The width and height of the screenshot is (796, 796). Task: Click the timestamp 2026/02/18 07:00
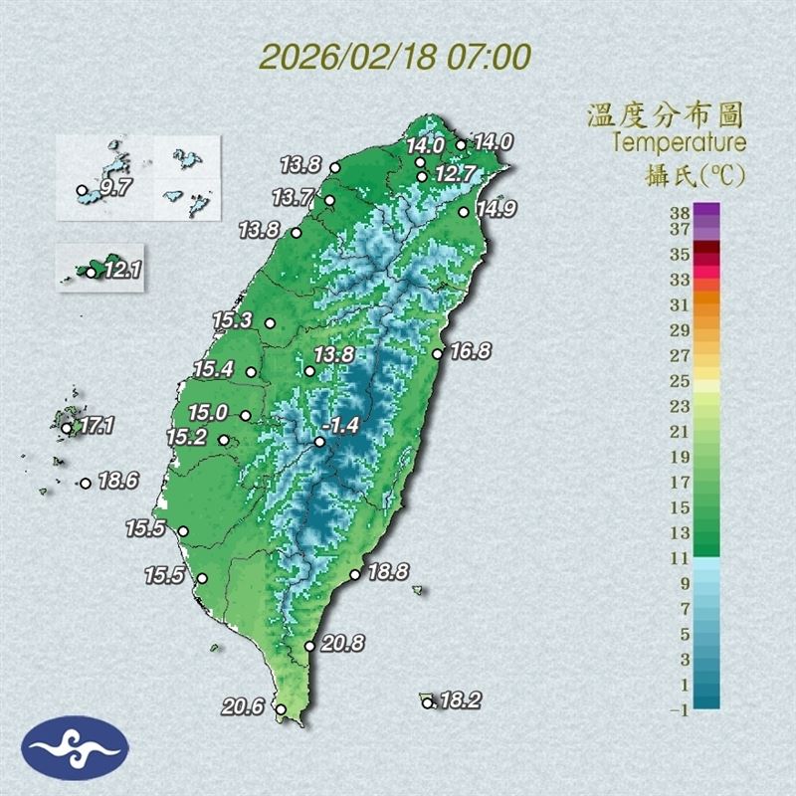[x=395, y=55]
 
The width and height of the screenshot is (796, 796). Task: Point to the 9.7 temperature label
[x=115, y=186]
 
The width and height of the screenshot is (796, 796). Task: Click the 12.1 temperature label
[x=121, y=269]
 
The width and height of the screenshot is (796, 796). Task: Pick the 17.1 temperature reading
[x=97, y=426]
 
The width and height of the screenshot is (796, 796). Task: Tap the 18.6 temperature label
[x=117, y=482]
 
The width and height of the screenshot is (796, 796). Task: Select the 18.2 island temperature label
[x=460, y=700]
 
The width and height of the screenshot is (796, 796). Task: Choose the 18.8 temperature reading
[x=388, y=572]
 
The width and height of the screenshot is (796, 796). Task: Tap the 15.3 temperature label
[x=233, y=320]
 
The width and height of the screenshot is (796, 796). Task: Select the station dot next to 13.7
[x=329, y=200]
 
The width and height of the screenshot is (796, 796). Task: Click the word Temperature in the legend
[x=679, y=142]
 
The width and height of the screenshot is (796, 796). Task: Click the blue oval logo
[x=75, y=747]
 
